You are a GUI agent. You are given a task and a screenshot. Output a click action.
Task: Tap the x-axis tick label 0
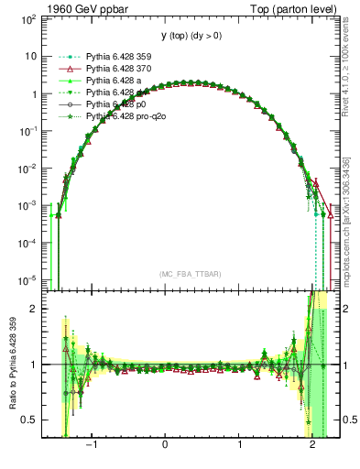[166, 447]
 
